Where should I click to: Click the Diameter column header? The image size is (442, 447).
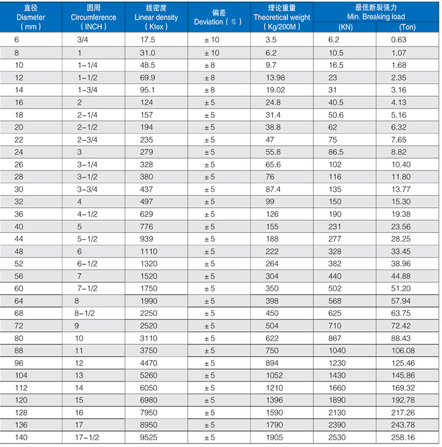pos(30,17)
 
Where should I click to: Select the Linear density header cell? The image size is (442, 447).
pos(156,17)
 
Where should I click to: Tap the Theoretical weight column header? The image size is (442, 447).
pos(282,17)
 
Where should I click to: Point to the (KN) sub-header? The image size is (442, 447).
pos(346,27)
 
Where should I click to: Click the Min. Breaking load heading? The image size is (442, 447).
pos(376,12)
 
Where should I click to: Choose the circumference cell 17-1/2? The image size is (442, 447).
pos(88,438)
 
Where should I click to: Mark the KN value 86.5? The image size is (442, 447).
pos(336,152)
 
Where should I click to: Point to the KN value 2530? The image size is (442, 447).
pos(338,438)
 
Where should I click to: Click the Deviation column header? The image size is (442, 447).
pos(219,17)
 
